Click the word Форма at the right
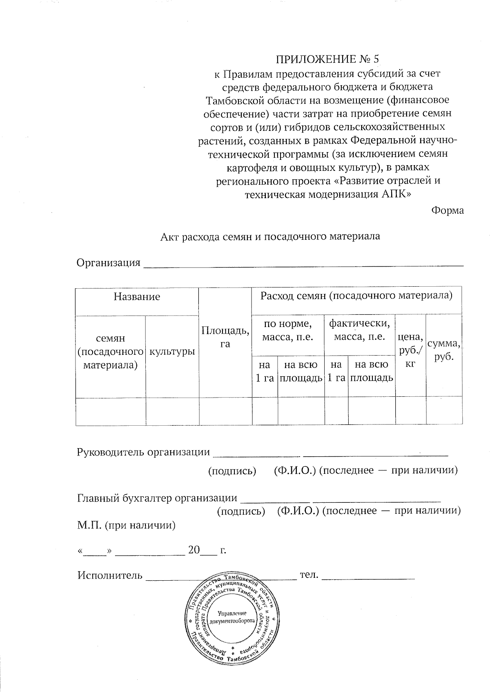[447, 210]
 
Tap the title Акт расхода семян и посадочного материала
[270, 236]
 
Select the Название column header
[137, 296]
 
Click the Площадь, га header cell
[225, 337]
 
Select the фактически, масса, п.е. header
[359, 330]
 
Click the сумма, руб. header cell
[444, 350]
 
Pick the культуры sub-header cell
[172, 351]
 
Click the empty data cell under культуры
[172, 411]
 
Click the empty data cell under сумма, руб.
[444, 411]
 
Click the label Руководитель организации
[143, 452]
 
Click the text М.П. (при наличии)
[127, 525]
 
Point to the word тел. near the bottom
[309, 575]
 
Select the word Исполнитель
[110, 575]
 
